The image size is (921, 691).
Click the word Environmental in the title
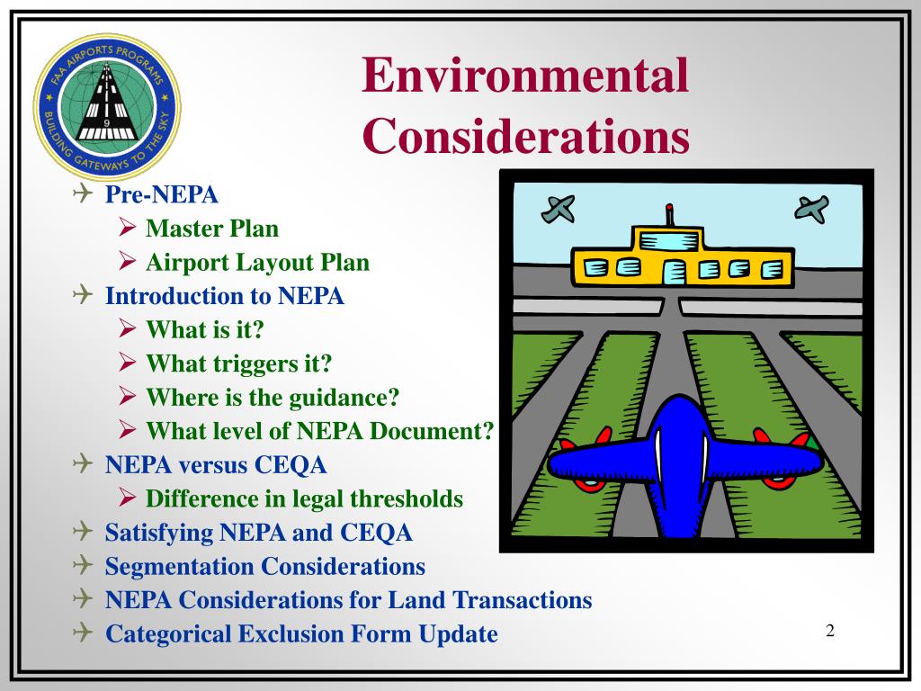click(525, 76)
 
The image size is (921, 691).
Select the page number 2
click(830, 631)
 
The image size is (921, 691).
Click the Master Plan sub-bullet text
click(212, 229)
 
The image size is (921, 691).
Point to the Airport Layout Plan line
click(257, 263)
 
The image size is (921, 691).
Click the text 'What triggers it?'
click(239, 363)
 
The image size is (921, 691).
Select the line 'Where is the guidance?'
click(273, 397)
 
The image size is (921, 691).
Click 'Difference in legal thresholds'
click(304, 498)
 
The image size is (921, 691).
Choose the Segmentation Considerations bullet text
click(264, 567)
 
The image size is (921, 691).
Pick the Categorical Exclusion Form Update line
click(301, 634)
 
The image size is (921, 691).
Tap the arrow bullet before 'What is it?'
click(128, 329)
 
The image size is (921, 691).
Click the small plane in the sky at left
click(558, 209)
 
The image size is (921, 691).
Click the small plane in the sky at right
click(812, 209)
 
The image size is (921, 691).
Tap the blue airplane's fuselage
click(683, 468)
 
